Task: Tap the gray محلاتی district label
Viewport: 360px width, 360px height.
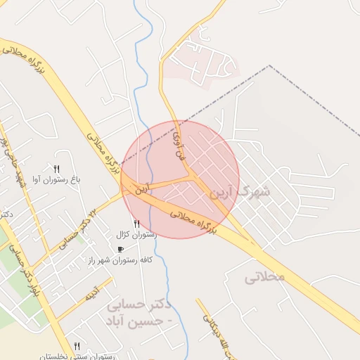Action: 265,278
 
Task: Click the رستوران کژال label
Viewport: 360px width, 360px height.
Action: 137,235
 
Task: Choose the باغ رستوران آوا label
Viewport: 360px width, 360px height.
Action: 57,180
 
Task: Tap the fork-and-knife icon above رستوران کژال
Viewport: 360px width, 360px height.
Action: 136,224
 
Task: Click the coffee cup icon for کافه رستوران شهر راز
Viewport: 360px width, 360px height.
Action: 121,250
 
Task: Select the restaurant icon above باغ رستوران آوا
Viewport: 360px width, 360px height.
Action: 57,169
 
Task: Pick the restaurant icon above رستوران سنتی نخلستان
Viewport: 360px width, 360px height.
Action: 77,346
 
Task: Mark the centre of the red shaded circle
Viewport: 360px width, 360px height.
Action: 181,179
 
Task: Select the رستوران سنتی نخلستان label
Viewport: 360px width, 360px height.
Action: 77,356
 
